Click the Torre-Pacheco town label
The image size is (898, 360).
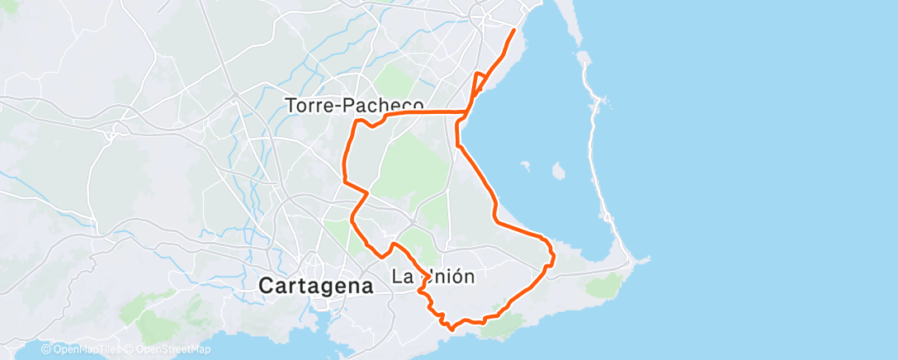coord(354,106)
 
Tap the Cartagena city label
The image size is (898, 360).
coord(316,286)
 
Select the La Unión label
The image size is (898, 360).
coord(432,277)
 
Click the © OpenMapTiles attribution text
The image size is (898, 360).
coord(81,350)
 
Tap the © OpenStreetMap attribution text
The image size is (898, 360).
coord(169,350)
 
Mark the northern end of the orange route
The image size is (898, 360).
coord(514,31)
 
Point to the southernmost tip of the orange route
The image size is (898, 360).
coord(451,328)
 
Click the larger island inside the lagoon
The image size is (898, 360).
coord(558,171)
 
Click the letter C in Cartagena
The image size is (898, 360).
coord(267,286)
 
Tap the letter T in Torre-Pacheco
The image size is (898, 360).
coord(290,106)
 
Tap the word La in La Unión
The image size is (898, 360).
coord(401,277)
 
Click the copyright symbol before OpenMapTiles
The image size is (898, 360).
coord(46,350)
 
